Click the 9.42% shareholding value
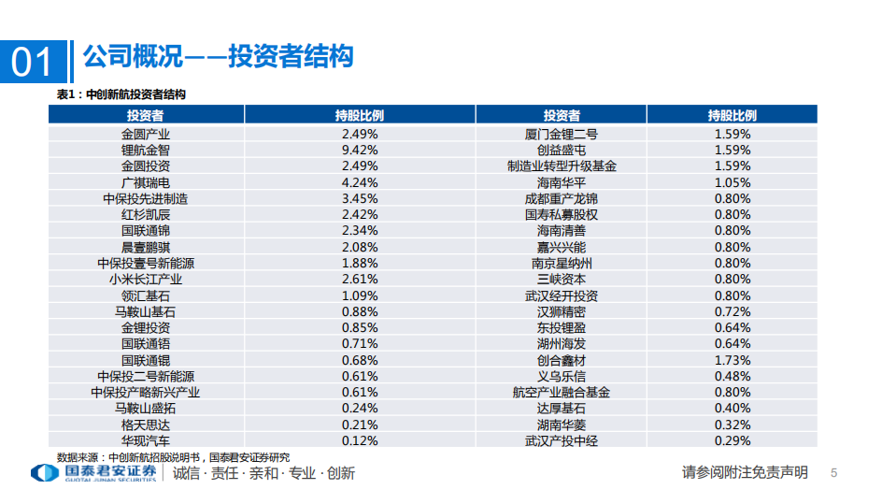360,150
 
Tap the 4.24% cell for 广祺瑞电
360,182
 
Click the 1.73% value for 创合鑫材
732,360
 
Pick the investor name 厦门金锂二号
562,134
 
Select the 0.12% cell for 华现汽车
360,440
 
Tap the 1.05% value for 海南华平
732,182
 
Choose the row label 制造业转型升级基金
562,166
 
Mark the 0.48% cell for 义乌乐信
732,376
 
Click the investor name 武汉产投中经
562,440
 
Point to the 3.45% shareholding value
360,198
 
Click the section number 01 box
33,62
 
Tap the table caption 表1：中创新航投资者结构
121,94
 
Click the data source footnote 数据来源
173,456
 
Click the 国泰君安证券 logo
93,473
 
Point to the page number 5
834,473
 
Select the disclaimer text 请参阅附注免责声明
745,473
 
